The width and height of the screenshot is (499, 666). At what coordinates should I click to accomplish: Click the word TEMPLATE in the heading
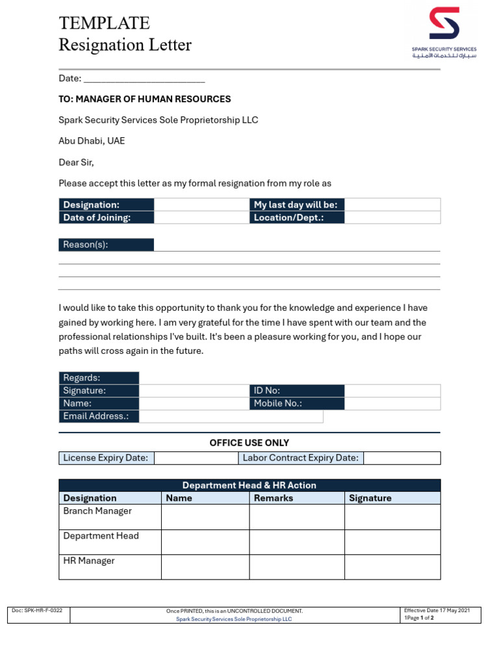105,23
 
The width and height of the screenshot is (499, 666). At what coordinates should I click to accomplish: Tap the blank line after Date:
144,79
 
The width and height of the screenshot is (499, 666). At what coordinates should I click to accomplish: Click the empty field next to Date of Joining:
201,218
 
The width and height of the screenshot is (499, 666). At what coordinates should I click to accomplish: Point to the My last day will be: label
297,205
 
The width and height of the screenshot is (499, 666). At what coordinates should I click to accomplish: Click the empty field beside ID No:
392,391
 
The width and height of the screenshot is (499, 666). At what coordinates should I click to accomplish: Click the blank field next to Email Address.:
231,416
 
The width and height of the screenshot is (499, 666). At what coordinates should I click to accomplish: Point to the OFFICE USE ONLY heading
249,443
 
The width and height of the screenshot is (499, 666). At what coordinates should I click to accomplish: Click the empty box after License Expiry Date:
196,458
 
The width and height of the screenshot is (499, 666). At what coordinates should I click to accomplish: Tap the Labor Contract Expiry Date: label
301,458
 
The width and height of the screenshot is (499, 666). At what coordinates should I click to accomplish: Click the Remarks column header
274,498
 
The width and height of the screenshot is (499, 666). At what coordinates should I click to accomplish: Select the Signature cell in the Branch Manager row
392,517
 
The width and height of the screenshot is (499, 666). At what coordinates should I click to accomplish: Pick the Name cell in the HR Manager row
205,567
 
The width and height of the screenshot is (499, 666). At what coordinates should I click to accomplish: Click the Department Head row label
101,536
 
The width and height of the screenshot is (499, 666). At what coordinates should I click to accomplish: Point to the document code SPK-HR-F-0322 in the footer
38,611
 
